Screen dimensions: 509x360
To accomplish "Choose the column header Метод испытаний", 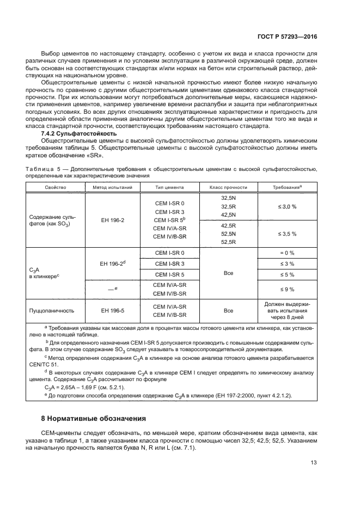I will (113, 187).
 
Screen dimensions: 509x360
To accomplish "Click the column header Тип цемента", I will (169, 187).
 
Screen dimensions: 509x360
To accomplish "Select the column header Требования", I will (287, 187).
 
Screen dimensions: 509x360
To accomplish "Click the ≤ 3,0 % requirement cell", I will (287, 207).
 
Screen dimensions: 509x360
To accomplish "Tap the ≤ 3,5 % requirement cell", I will (287, 234).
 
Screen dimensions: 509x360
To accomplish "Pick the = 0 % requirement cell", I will (287, 253).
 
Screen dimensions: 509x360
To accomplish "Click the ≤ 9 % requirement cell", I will (287, 289).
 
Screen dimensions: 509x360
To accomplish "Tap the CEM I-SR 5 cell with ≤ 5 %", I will (169, 274).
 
